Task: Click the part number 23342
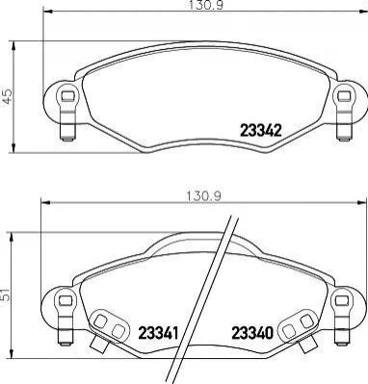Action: tap(261, 131)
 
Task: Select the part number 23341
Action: tap(158, 333)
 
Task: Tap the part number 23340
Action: tap(252, 333)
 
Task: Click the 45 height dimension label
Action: tap(8, 96)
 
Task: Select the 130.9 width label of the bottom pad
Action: tap(203, 196)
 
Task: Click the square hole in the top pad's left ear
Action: tap(67, 95)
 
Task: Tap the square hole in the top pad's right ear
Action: tap(344, 95)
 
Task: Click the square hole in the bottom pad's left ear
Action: tap(66, 300)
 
